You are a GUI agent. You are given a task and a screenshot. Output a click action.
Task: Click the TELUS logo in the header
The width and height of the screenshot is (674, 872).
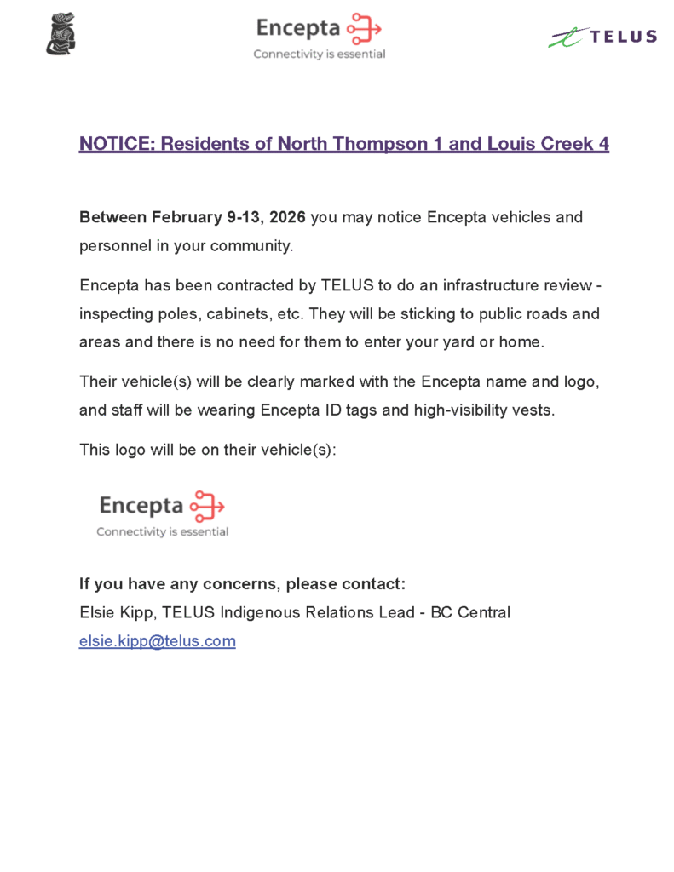pos(602,37)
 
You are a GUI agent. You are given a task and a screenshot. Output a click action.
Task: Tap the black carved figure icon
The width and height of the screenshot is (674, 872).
pos(60,34)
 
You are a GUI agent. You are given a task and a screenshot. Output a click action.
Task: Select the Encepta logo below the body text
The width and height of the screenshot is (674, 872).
pos(162,513)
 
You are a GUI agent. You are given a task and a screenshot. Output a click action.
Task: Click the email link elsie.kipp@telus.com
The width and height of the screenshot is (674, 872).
pos(157,641)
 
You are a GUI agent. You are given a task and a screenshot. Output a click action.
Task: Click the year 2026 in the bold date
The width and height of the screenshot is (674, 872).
pos(287,217)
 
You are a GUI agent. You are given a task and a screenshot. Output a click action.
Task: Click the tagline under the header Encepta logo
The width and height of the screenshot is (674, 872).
pos(319,54)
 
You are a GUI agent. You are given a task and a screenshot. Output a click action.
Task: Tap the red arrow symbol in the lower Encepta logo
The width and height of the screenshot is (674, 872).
pos(207,506)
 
